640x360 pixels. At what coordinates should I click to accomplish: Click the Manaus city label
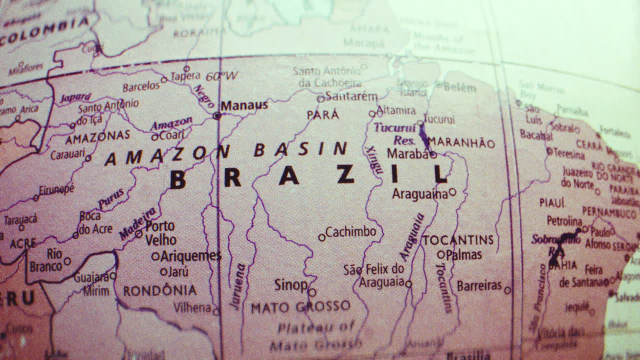point(244,105)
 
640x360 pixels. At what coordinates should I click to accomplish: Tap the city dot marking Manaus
point(217,115)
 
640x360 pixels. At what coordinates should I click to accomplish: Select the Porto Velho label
point(160,233)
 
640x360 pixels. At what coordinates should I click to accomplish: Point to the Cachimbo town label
point(351,232)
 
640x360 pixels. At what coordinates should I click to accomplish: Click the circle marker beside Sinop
point(312,292)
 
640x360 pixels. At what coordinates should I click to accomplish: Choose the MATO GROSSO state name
point(300,307)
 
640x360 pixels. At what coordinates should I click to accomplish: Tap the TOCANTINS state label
point(458,240)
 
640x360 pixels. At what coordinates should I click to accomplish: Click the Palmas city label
point(463,255)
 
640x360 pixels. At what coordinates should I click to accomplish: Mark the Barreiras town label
point(479,285)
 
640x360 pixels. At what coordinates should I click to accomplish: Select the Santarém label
point(351,96)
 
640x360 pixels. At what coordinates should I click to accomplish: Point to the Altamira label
point(396,110)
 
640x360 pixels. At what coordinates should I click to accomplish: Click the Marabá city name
point(407,154)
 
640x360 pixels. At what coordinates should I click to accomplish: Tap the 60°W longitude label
point(222,76)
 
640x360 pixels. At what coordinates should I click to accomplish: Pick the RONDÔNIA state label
point(160,290)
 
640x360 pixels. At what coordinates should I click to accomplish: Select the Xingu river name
point(373,159)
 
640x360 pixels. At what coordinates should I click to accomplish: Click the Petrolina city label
point(564,220)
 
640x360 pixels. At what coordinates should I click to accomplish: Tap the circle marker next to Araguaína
point(452,191)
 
